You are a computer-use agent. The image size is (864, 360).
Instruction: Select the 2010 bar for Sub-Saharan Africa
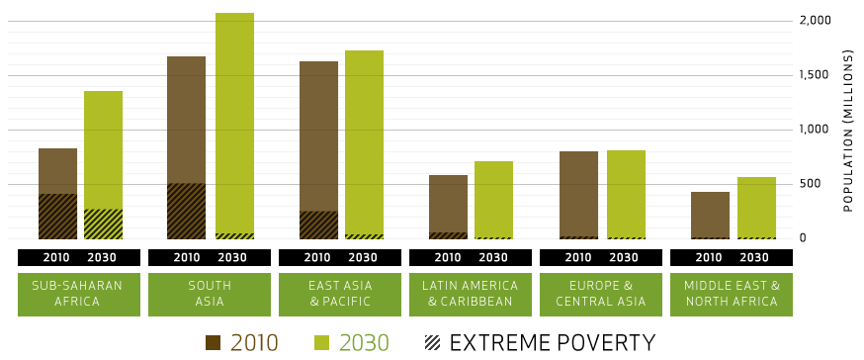[57, 173]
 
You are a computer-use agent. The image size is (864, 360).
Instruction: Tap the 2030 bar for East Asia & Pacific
[364, 138]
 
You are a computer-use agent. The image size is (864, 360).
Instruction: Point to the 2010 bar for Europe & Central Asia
[578, 194]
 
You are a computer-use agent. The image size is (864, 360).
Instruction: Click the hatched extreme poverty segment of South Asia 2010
[187, 211]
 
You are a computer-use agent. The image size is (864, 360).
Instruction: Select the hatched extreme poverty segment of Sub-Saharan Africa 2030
[103, 224]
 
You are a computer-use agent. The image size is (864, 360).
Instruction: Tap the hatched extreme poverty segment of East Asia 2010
[318, 225]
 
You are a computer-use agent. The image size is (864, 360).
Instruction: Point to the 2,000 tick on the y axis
[816, 21]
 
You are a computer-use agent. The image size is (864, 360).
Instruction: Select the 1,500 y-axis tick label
[816, 75]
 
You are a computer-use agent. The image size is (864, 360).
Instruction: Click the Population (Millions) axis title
[848, 130]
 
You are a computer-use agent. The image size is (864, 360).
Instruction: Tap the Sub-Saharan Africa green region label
[79, 294]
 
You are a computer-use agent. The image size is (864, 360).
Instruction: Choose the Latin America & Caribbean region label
[471, 294]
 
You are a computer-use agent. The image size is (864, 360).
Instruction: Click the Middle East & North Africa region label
[732, 294]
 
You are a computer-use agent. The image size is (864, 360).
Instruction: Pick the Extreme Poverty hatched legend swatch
[432, 343]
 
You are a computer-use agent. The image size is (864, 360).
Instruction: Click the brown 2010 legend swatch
[213, 343]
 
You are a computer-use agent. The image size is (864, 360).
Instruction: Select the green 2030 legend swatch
[321, 343]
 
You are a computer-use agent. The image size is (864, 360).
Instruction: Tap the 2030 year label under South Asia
[232, 258]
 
